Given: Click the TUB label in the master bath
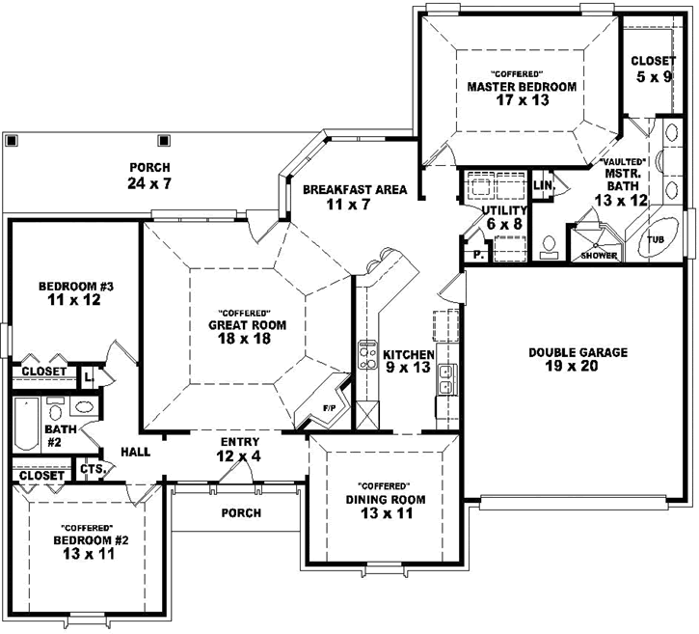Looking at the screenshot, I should pos(656,238).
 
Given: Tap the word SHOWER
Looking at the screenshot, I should pos(598,256).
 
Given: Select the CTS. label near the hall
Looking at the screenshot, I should pos(92,469).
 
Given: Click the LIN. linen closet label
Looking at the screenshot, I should pos(543,184).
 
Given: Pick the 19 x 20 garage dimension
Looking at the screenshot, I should pos(578,367).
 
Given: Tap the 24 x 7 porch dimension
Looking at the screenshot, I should pos(148,183).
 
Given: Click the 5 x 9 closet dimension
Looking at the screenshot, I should pos(654,76).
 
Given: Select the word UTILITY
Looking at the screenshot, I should pos(504,210).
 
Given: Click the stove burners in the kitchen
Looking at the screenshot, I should pos(367,358).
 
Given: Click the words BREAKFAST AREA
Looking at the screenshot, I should pos(354,190).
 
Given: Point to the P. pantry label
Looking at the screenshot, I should pos(477,256).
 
